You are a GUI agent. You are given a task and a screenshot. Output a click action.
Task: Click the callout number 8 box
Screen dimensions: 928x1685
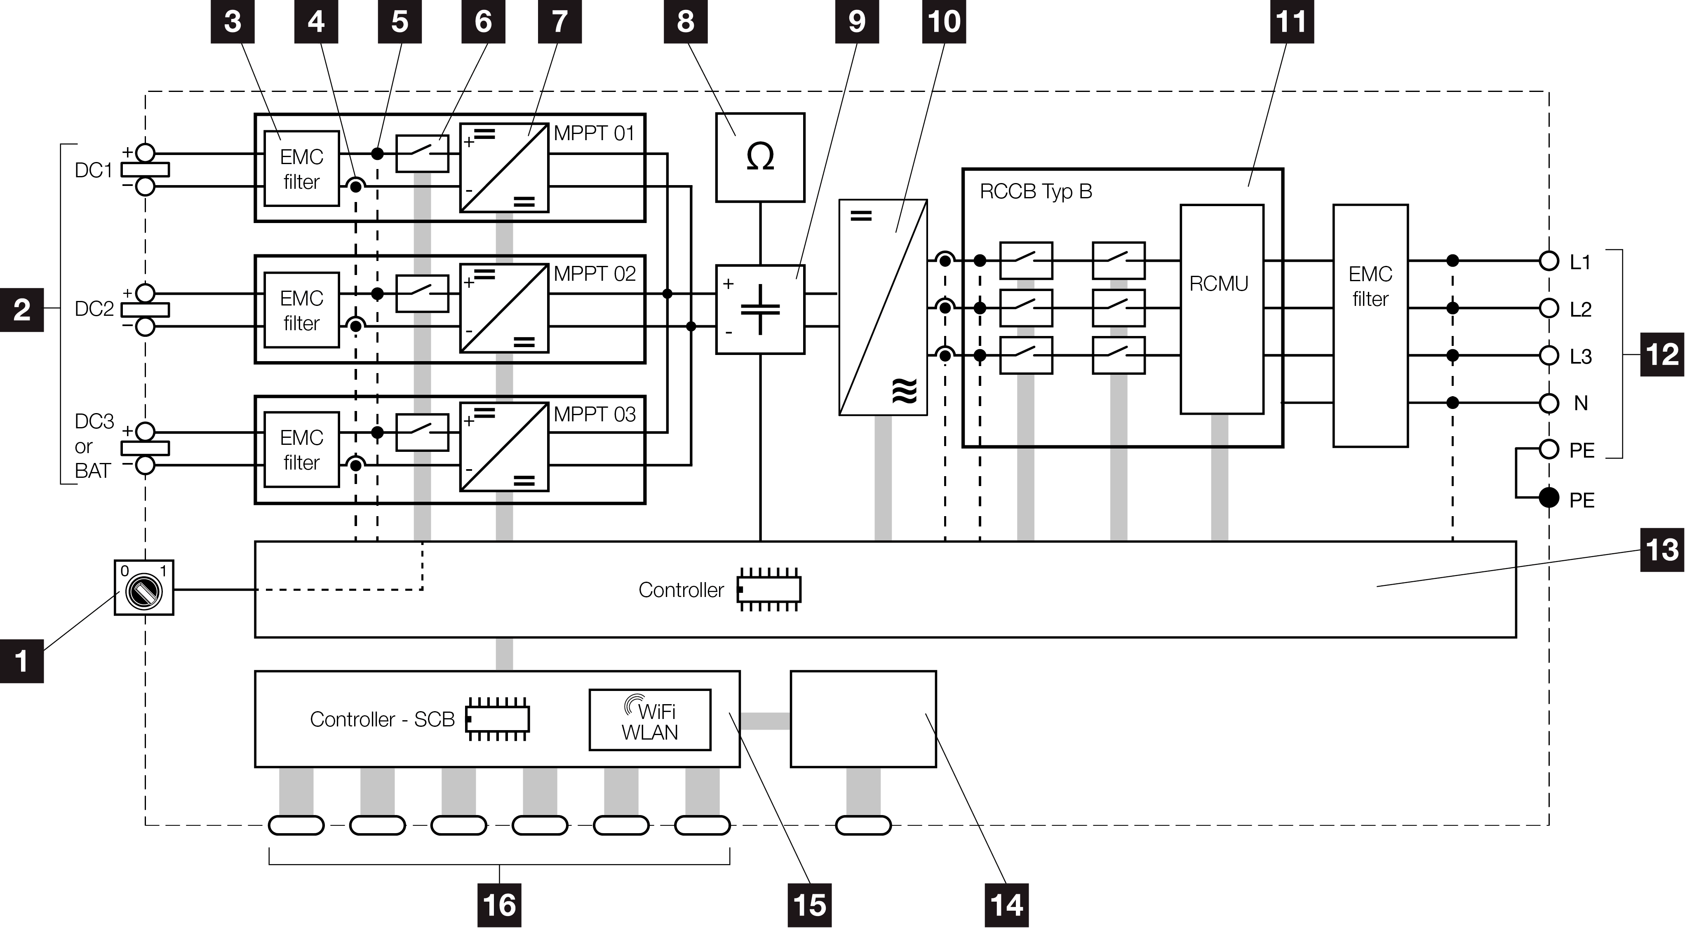pos(685,21)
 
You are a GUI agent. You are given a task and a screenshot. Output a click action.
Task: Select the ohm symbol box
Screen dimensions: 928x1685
pos(760,157)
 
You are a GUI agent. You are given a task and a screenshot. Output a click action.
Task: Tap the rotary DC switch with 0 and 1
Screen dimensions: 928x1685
pos(144,587)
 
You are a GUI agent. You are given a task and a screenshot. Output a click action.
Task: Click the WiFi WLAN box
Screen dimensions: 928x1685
pos(649,720)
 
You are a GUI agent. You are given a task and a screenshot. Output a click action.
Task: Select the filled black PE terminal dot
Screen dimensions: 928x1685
pos(1548,498)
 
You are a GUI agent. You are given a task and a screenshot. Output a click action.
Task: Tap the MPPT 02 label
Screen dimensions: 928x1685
pos(594,273)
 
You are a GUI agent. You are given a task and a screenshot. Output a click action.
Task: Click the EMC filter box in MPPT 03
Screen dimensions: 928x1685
pos(301,449)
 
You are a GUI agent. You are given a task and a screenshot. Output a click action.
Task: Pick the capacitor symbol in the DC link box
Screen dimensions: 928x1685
pos(760,309)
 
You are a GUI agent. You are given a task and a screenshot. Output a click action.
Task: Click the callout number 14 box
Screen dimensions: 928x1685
pos(1006,905)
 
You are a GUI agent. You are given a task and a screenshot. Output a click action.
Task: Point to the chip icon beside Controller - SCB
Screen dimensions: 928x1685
pos(498,719)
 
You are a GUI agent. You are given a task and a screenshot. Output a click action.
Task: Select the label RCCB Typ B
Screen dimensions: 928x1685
pos(1036,192)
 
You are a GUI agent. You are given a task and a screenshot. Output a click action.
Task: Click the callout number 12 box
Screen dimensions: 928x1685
pos(1662,355)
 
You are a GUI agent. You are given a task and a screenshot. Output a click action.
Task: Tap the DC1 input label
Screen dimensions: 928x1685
pos(94,171)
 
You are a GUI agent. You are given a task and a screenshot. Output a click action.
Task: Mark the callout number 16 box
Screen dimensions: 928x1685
pos(499,905)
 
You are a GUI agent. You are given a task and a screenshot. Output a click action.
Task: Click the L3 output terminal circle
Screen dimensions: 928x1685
pos(1548,356)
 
